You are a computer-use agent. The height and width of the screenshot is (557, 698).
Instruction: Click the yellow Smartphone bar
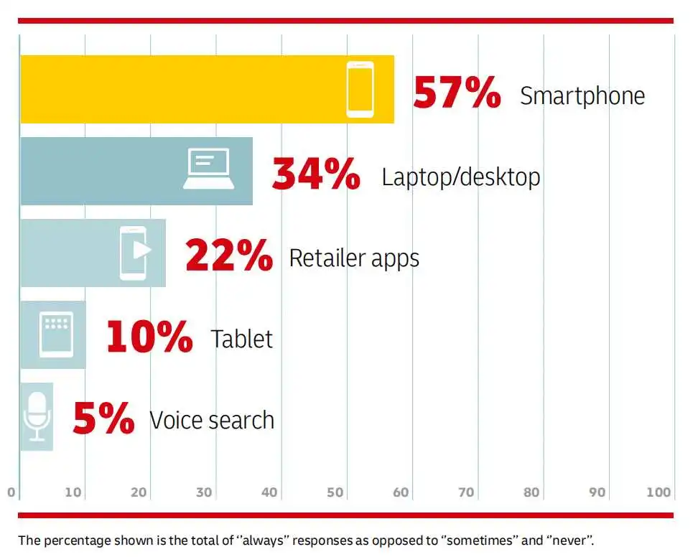[x=207, y=89]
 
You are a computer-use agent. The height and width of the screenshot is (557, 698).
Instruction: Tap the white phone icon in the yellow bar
[x=360, y=90]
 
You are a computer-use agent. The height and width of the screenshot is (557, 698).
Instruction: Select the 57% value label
[x=457, y=92]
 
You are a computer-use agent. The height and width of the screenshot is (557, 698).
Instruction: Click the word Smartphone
[x=582, y=95]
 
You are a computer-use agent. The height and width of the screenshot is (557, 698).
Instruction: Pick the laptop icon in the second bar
[x=209, y=169]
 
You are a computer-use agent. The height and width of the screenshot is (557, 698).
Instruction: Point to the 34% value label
[x=316, y=174]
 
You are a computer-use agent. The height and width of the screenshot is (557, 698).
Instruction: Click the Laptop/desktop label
[x=461, y=177]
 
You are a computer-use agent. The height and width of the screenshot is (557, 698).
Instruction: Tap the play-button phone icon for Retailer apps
[x=135, y=253]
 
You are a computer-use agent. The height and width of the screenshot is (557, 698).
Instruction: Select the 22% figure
[x=229, y=255]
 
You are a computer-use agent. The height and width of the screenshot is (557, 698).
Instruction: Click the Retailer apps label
[x=354, y=258]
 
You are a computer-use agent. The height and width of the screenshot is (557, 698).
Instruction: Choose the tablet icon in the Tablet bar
[x=56, y=334]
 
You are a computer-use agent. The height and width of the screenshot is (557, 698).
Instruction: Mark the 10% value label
[x=149, y=337]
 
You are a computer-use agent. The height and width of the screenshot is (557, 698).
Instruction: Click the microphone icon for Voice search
[x=37, y=417]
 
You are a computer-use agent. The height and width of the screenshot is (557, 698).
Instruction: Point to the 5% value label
[x=103, y=418]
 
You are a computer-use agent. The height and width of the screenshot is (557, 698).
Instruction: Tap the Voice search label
[x=212, y=420]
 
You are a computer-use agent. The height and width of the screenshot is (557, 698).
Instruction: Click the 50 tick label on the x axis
[x=335, y=492]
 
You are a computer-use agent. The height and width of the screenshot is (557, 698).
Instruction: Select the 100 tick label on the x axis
[x=659, y=492]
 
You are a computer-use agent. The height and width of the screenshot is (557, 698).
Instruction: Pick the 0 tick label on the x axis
[x=11, y=492]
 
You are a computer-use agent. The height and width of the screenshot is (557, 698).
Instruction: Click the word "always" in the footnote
[x=265, y=540]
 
